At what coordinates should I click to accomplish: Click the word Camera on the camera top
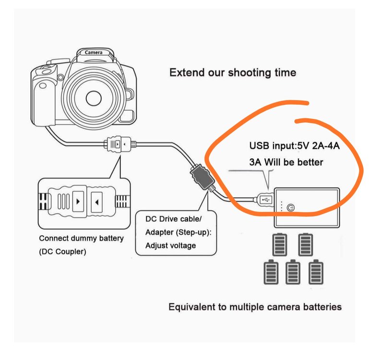[94, 52]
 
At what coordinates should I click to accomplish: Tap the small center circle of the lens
[94, 98]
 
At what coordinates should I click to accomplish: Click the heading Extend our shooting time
[233, 72]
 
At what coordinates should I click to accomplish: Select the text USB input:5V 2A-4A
[295, 146]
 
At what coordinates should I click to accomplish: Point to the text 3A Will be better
[286, 162]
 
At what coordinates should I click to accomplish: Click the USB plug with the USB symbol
[264, 200]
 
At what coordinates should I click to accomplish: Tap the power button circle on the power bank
[291, 208]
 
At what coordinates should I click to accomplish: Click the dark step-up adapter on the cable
[202, 177]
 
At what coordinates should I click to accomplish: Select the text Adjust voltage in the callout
[170, 246]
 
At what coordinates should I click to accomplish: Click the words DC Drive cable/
[173, 219]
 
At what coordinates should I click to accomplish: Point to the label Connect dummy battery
[81, 238]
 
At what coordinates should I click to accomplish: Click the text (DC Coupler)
[62, 252]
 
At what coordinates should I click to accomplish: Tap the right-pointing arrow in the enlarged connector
[78, 202]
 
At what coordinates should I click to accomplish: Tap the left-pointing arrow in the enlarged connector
[96, 202]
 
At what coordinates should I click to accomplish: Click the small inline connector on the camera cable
[120, 144]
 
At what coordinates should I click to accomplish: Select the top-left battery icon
[280, 244]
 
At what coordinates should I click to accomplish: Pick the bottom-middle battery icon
[293, 272]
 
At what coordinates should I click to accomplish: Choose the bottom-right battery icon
[316, 272]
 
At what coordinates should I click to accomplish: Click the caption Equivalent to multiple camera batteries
[255, 307]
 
